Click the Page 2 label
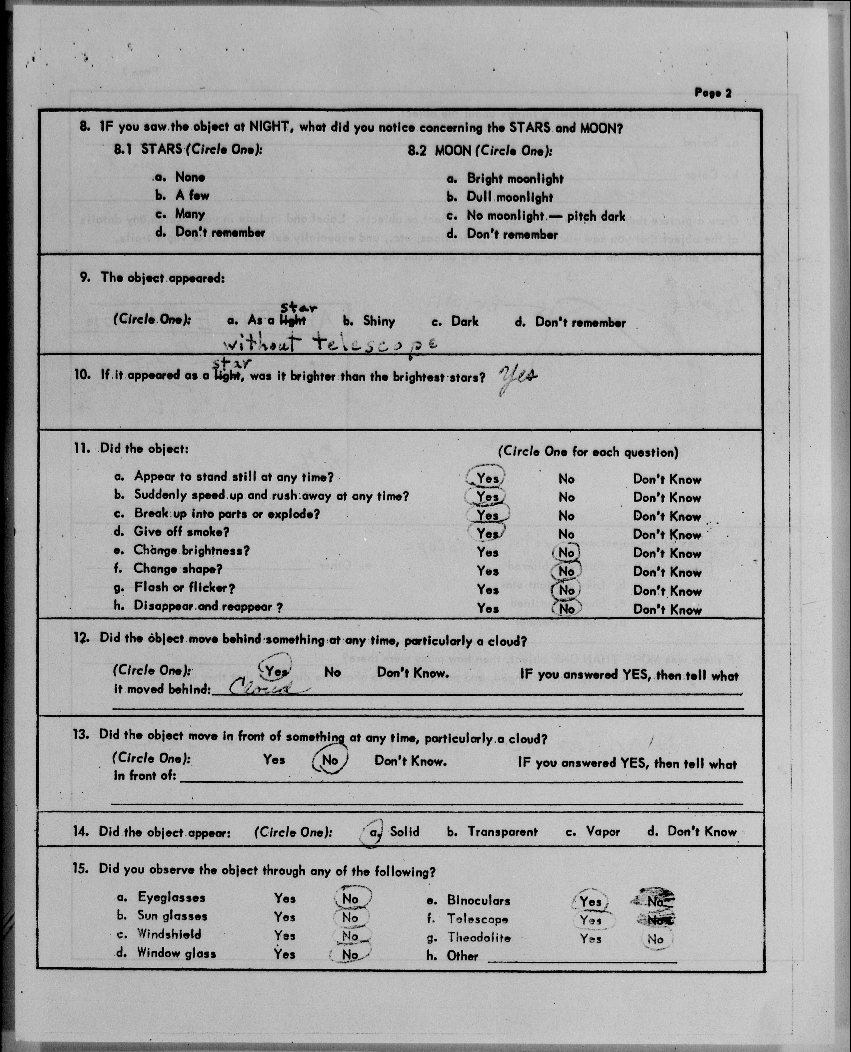713,93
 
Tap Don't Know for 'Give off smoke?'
667,535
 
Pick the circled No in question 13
330,760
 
